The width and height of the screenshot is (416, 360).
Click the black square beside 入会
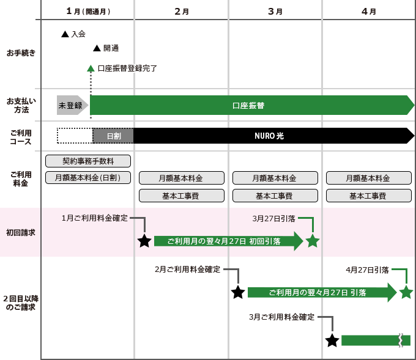(x=65, y=34)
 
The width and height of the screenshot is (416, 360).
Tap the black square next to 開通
(x=97, y=48)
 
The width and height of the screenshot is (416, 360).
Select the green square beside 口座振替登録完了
(x=91, y=68)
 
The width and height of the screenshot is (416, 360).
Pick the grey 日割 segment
(x=113, y=136)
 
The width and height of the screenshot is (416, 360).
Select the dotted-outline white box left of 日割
(x=74, y=136)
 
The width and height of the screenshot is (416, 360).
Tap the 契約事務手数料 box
(x=88, y=161)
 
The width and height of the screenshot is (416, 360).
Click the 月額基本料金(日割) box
(x=88, y=178)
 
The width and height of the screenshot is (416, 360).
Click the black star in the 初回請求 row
(x=144, y=241)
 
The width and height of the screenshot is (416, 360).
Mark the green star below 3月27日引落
(x=313, y=241)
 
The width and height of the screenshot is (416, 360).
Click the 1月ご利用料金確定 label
(x=94, y=218)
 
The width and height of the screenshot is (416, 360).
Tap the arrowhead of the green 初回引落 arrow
(x=299, y=241)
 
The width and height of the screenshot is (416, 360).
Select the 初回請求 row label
(x=21, y=233)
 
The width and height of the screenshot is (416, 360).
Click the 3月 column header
(x=274, y=11)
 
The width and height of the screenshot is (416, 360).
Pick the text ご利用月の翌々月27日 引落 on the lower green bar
(x=318, y=293)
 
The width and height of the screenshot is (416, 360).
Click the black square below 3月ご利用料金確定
(x=332, y=340)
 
